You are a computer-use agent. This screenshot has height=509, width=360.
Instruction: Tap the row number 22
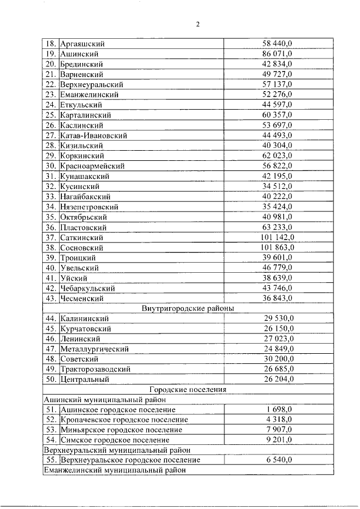(51, 84)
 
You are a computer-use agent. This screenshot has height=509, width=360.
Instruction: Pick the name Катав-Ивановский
(93, 136)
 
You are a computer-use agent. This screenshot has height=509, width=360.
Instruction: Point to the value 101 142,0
(277, 237)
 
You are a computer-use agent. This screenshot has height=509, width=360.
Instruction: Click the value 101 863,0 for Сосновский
(277, 247)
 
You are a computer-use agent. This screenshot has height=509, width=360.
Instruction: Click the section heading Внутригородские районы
(188, 308)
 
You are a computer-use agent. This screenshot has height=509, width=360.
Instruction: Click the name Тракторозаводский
(96, 369)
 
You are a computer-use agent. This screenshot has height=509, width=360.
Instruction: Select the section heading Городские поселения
(188, 389)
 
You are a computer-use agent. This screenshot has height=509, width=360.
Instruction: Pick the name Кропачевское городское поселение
(124, 420)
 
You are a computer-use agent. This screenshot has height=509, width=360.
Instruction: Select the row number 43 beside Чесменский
(51, 298)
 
